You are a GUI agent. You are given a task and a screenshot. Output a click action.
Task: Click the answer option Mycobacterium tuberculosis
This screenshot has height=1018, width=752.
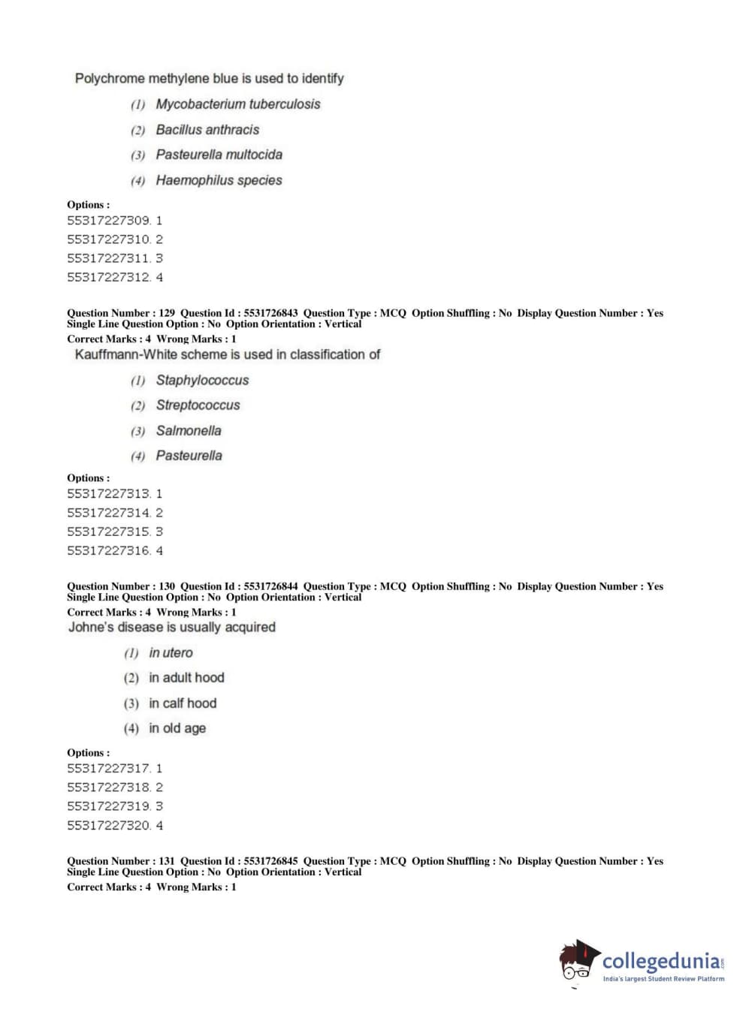click(237, 104)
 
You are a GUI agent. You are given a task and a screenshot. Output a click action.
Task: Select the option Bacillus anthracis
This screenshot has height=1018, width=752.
click(207, 130)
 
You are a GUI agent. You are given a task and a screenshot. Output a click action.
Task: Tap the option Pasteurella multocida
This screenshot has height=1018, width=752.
click(219, 155)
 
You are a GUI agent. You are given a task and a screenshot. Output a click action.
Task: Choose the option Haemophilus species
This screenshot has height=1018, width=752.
click(219, 180)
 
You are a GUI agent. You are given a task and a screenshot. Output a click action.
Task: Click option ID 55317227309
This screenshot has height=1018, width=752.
click(109, 221)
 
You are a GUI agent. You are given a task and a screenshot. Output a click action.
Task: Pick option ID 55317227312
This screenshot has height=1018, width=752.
click(109, 277)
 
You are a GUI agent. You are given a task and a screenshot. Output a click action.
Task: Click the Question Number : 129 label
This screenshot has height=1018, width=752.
click(121, 313)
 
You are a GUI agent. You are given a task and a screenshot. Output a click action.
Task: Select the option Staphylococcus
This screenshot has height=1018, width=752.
click(202, 381)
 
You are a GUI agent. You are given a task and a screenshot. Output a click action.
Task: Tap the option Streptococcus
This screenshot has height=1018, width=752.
click(198, 405)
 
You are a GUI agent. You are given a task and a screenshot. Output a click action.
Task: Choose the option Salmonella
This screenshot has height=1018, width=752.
click(189, 431)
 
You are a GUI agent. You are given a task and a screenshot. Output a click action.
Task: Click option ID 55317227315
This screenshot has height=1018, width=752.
click(109, 532)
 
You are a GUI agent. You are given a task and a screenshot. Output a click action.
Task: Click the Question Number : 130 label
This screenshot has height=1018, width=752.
click(121, 586)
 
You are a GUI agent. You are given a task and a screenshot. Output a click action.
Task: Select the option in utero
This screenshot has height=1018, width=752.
click(171, 653)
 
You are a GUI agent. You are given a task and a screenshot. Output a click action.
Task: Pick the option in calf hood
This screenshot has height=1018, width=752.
click(183, 703)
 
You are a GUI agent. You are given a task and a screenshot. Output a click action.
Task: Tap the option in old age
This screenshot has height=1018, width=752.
click(177, 728)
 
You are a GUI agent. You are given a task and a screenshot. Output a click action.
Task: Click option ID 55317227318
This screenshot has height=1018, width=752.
click(109, 788)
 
